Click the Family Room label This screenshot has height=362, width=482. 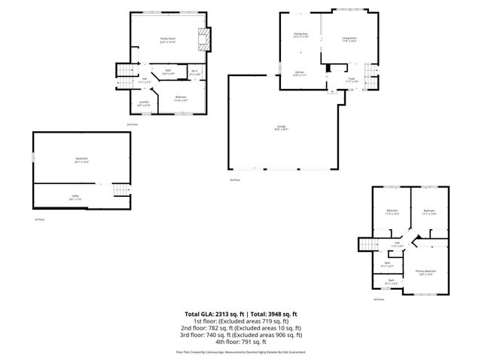point(167,40)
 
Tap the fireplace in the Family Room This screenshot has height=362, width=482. point(202,38)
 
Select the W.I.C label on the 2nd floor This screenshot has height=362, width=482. point(194,73)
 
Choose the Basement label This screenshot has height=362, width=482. point(81,161)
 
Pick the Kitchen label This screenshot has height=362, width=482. point(299,73)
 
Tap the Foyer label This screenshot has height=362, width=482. point(351,78)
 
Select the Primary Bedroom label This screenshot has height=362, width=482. point(425,271)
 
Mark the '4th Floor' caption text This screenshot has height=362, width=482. point(378,300)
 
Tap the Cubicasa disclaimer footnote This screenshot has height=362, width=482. point(241,351)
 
